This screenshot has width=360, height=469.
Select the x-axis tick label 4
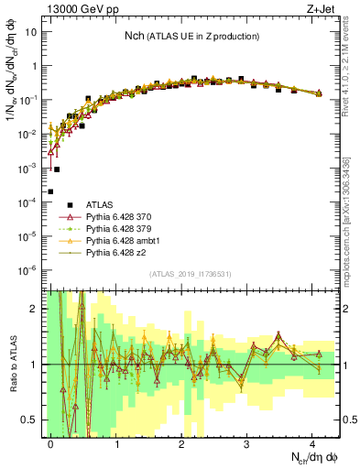(313, 442)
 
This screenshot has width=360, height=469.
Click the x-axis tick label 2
(182, 442)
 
